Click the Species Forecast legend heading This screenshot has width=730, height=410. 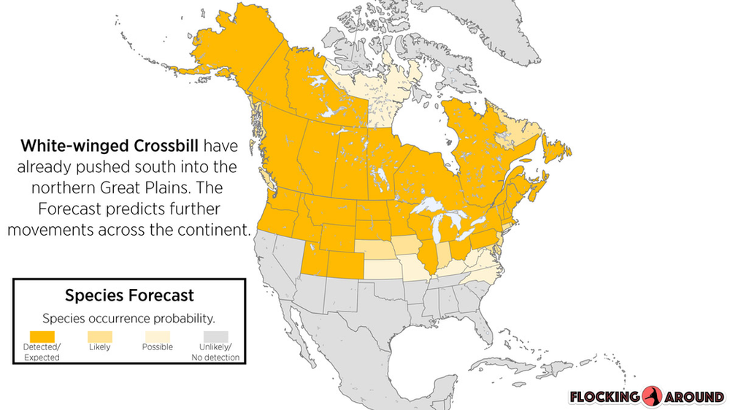[x=129, y=295]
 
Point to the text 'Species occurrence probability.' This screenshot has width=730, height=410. [x=128, y=318]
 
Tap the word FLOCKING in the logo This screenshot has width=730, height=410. [x=604, y=397]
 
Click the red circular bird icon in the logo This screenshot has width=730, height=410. [x=652, y=396]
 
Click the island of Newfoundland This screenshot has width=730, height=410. [x=557, y=147]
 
